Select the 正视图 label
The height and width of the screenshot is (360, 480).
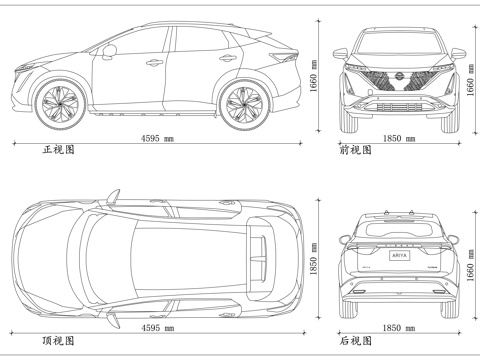click(x=58, y=149)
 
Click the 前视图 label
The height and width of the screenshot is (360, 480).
click(x=355, y=149)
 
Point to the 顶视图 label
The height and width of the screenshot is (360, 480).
click(x=58, y=340)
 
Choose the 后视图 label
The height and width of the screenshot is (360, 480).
click(x=355, y=340)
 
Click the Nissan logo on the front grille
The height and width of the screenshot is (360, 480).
click(x=399, y=77)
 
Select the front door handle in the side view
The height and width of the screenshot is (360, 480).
click(x=154, y=63)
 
